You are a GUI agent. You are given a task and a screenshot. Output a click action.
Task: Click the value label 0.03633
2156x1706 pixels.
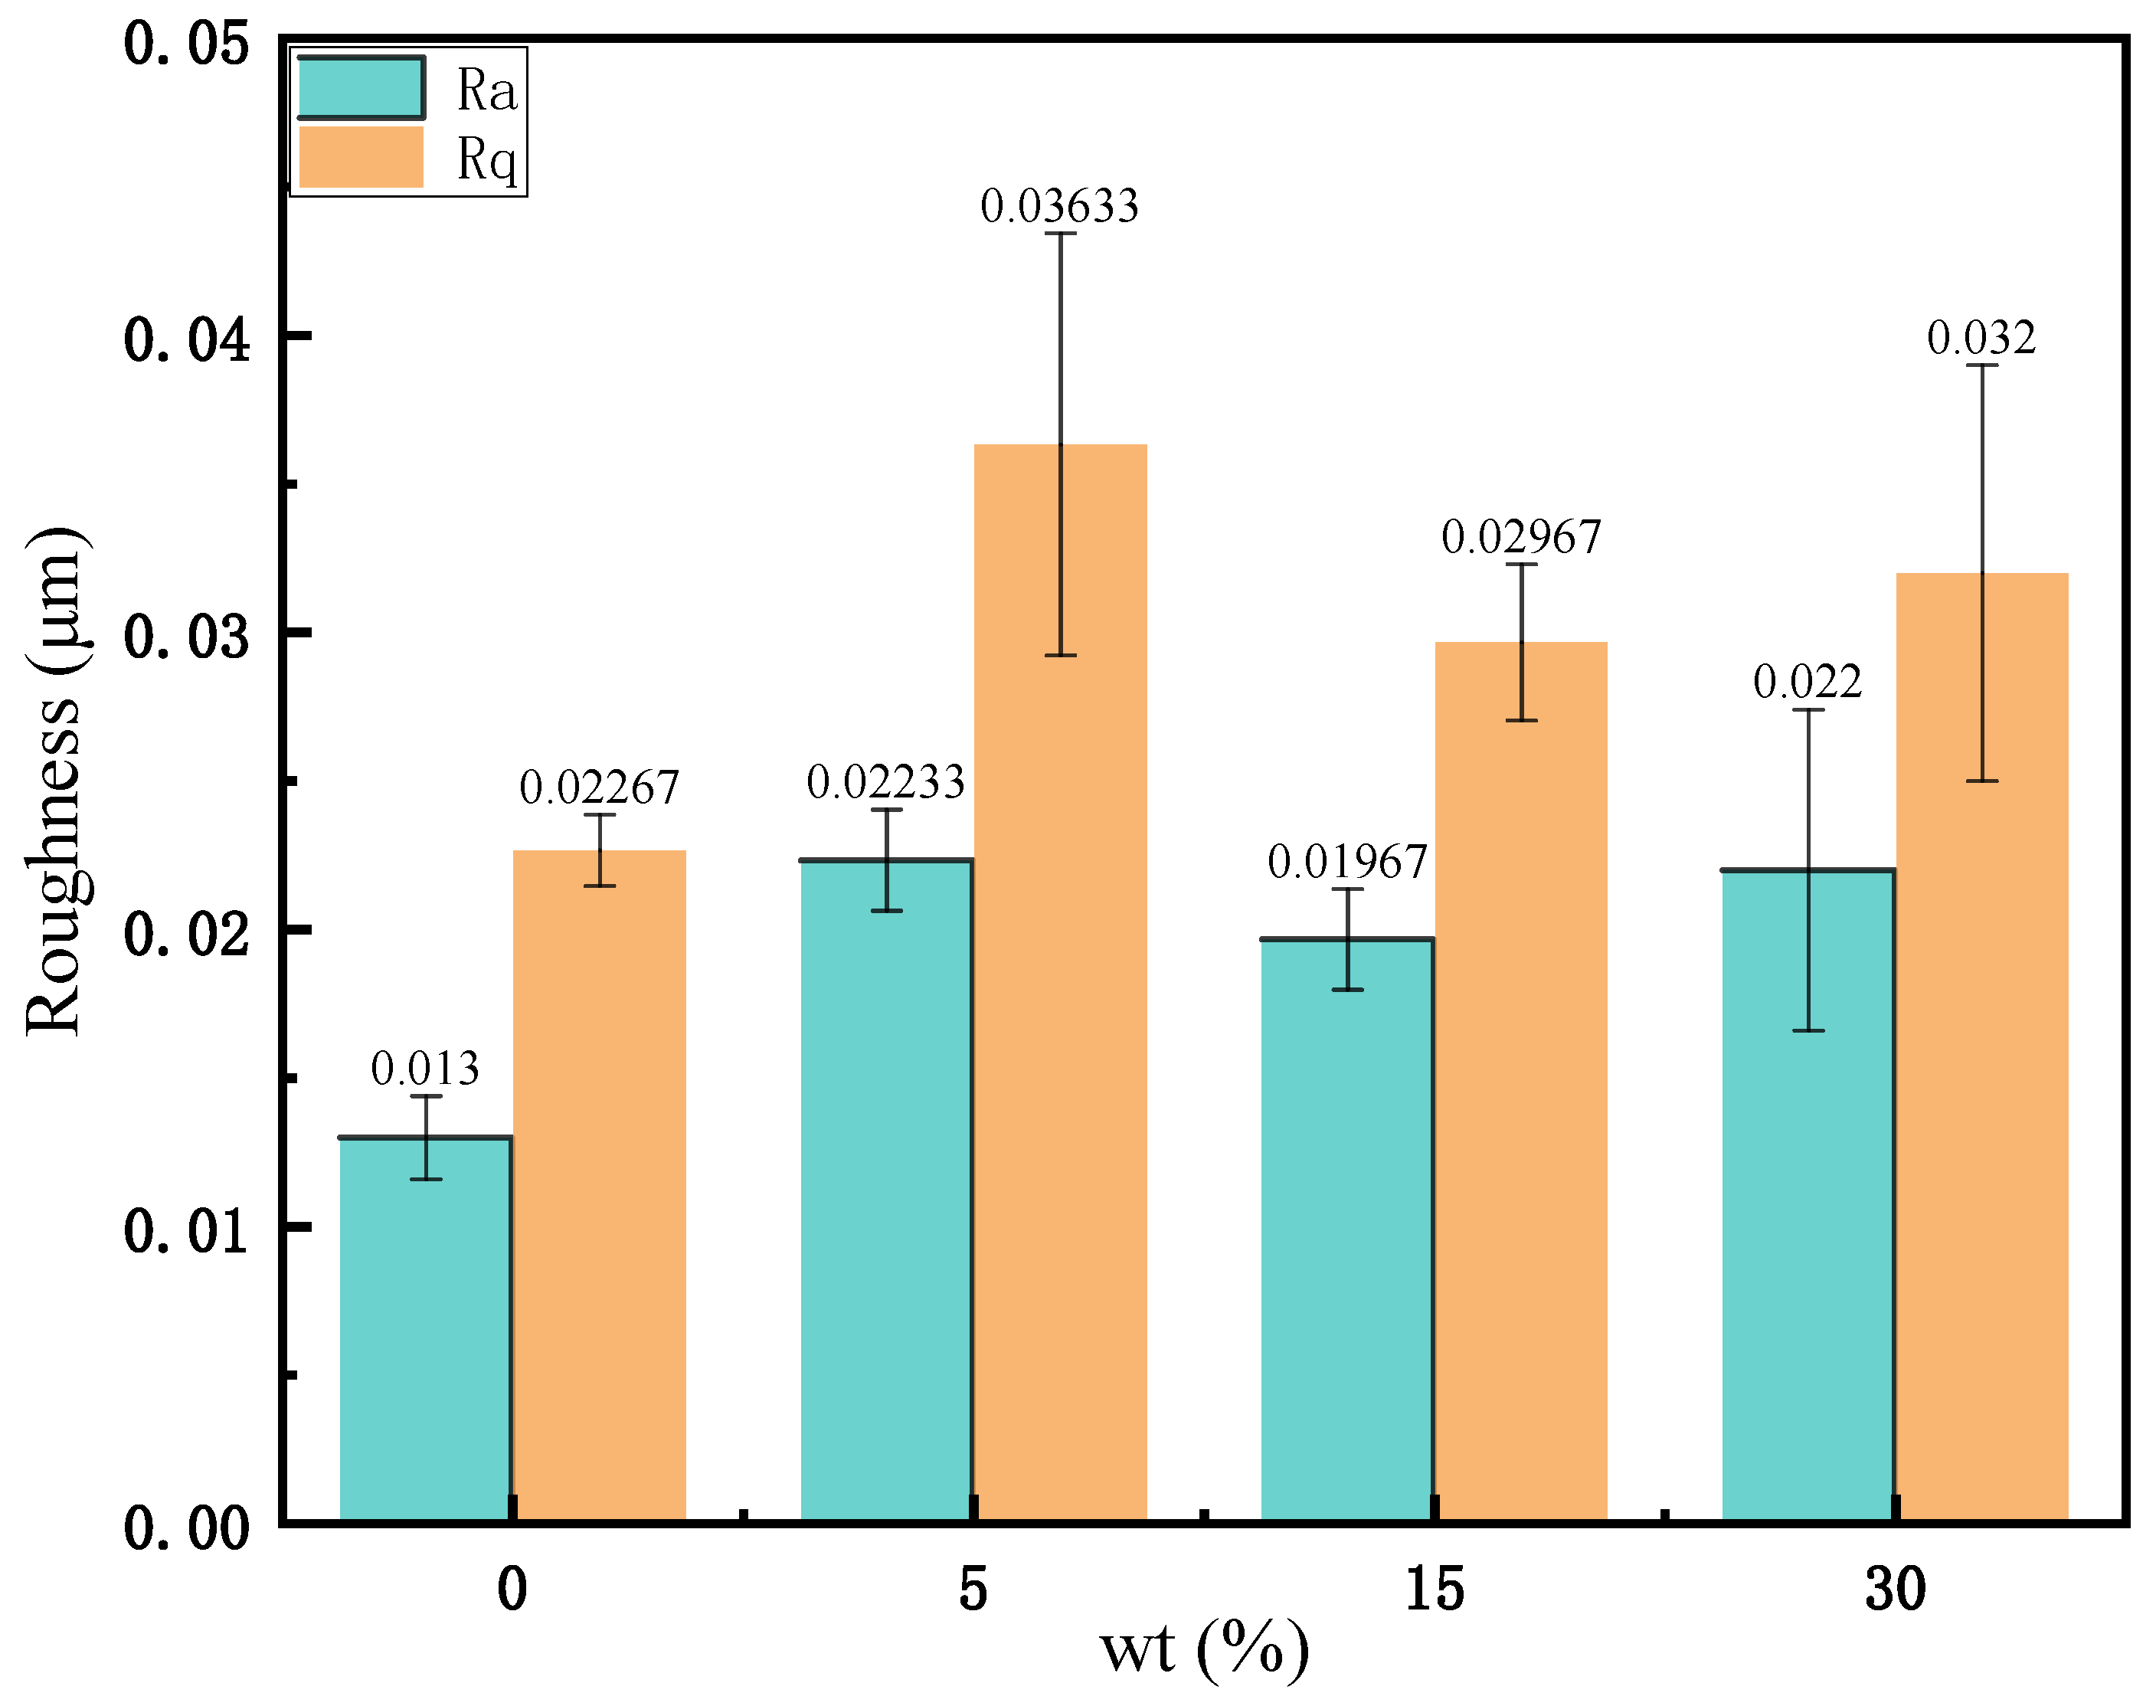click(1058, 207)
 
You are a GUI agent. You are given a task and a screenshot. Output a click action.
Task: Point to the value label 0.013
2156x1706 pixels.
click(424, 1069)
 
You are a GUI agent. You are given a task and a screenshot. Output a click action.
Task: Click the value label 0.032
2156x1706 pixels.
click(1981, 339)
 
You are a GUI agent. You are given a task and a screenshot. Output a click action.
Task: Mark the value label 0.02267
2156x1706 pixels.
click(598, 789)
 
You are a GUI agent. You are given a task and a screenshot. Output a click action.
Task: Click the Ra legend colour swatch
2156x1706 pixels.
click(362, 88)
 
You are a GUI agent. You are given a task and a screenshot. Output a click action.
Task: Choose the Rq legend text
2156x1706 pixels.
click(486, 159)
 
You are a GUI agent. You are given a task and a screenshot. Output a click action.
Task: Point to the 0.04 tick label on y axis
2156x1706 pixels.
click(186, 339)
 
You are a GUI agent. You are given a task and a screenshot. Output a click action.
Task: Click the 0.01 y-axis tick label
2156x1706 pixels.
click(186, 1230)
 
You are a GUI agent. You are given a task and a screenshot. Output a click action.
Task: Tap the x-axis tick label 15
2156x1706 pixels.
click(1434, 1589)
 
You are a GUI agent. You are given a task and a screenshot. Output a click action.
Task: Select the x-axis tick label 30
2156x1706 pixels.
click(1894, 1589)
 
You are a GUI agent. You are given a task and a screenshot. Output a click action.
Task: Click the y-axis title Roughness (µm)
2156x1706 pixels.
click(55, 781)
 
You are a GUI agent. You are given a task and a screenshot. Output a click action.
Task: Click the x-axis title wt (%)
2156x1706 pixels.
click(1203, 1651)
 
